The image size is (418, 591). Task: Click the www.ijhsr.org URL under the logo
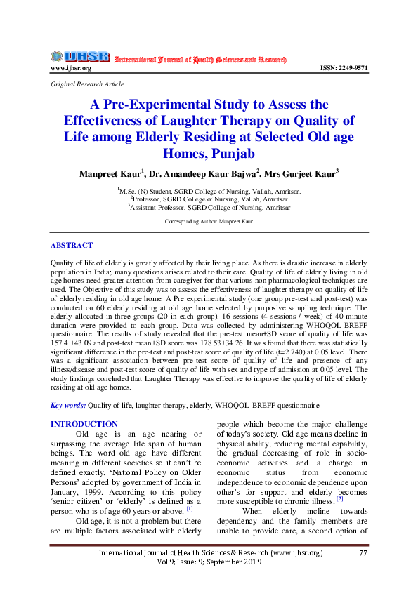[70, 68]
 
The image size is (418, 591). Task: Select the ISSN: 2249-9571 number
[344, 68]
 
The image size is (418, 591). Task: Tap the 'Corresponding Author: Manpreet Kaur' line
[209, 221]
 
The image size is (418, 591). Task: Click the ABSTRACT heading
[72, 245]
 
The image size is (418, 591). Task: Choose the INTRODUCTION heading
[84, 424]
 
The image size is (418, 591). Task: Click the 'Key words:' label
[68, 405]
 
